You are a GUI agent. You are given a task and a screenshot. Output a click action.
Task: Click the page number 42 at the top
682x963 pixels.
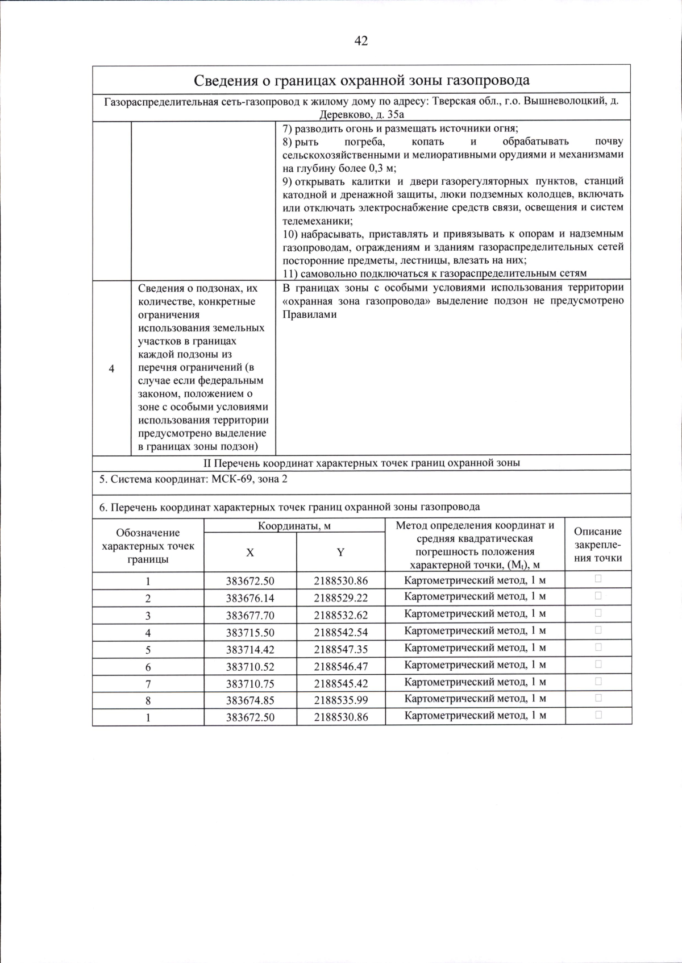click(361, 41)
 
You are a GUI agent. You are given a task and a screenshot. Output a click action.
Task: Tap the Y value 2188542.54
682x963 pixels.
click(340, 632)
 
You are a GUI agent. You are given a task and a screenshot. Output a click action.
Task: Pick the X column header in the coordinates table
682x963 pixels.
click(250, 553)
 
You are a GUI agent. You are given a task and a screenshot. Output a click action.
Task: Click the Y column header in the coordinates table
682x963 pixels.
click(340, 553)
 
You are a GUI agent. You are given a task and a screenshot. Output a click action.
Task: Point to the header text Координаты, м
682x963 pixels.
click(294, 526)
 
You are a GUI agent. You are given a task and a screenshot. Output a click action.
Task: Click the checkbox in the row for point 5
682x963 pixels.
click(598, 647)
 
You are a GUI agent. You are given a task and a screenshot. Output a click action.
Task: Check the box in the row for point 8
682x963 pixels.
click(598, 698)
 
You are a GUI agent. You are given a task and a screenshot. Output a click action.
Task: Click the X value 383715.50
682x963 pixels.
click(250, 632)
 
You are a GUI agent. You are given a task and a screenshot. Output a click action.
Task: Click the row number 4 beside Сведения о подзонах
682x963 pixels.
click(111, 368)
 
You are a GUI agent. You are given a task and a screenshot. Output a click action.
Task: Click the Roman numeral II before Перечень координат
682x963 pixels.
click(207, 463)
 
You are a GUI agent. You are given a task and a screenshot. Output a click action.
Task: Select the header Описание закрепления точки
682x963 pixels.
click(598, 545)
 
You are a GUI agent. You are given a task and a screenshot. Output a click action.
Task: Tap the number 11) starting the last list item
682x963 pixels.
click(290, 273)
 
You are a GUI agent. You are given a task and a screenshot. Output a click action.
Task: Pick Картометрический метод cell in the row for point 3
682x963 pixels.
click(475, 614)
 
